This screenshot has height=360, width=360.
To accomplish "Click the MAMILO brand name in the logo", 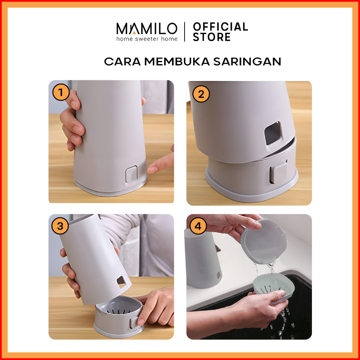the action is [147, 29].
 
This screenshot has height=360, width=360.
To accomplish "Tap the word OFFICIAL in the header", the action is [220, 26].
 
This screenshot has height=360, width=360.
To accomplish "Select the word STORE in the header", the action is [212, 37].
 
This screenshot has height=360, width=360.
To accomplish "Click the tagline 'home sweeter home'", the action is [147, 39].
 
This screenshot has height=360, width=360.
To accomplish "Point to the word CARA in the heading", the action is [122, 62].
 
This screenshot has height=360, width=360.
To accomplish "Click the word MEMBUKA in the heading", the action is [177, 62].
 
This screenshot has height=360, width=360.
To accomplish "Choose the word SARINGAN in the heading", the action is [247, 62].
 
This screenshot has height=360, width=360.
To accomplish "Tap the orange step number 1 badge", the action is [61, 93].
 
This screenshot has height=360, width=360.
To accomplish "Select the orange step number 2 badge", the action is [201, 94].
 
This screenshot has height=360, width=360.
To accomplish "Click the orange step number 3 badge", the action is [60, 226].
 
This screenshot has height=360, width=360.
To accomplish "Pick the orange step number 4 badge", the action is [198, 226].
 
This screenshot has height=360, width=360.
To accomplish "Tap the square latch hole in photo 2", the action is [273, 133].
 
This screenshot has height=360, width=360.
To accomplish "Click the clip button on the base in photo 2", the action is [279, 172].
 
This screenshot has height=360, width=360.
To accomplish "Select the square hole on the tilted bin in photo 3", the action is [122, 282].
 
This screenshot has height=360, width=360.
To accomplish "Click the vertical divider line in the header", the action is [185, 32].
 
